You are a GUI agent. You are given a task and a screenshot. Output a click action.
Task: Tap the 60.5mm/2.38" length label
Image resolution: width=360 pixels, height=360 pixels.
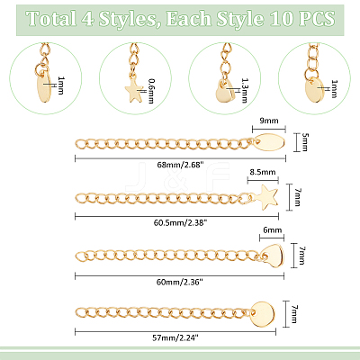[180, 222]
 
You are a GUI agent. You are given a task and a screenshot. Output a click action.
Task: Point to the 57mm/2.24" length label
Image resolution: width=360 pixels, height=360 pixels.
[175, 337]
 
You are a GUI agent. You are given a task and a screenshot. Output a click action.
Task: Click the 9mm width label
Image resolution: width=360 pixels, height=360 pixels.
[269, 121]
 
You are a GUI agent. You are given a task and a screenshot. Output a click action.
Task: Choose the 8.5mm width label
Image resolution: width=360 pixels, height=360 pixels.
[263, 172]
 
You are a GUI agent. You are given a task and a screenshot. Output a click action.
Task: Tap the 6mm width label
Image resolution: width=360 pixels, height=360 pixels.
[273, 230]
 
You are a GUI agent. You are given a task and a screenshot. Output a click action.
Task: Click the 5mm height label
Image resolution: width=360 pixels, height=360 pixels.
[304, 142]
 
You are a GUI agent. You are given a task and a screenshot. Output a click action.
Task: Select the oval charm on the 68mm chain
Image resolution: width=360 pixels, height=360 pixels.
[269, 143]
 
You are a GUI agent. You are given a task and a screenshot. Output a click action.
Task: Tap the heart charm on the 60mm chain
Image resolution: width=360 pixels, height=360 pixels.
[274, 255]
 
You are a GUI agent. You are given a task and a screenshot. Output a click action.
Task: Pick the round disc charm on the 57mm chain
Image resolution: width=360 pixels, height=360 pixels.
[263, 314]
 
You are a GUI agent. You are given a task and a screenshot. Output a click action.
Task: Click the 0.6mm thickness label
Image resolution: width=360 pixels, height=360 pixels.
[151, 91]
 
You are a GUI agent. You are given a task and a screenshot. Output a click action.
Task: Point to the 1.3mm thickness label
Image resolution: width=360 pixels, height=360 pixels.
[245, 91]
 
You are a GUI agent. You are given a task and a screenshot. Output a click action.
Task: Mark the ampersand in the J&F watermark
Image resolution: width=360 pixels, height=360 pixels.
[179, 177]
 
